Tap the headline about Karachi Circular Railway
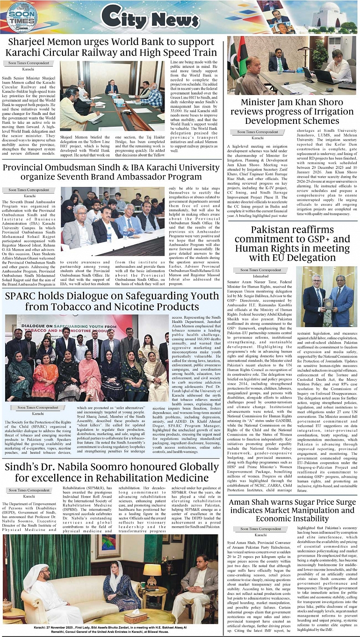pyautogui.click(x=112, y=47)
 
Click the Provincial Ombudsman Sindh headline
pyautogui.click(x=112, y=172)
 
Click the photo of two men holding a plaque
pyautogui.click(x=326, y=297)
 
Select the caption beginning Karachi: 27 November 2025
pyautogui.click(x=110, y=629)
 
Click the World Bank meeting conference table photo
pyautogui.click(x=112, y=96)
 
